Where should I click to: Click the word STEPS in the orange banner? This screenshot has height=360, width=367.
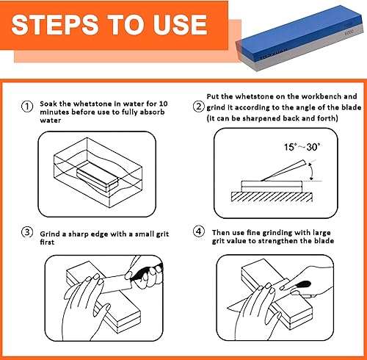coord(55,25)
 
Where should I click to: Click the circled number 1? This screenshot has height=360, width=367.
coord(27,107)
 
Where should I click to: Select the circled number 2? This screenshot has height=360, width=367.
coord(199,107)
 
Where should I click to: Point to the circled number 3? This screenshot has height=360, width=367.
coord(27,232)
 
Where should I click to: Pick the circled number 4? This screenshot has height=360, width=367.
coord(199,231)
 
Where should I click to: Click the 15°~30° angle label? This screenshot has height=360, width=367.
coord(302,147)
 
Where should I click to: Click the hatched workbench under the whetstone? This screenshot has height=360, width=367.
coord(272,197)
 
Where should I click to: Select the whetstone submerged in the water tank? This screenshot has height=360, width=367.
coord(98,176)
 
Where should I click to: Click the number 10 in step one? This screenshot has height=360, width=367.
coord(163,104)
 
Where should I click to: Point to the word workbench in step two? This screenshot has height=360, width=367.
coord(321,96)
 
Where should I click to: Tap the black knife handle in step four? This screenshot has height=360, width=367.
coord(302,284)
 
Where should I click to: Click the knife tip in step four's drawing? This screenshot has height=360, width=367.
coord(228,308)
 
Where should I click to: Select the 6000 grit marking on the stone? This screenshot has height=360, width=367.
coord(349,32)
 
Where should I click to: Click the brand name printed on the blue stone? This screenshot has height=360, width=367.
coord(274,54)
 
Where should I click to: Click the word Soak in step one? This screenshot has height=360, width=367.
coord(48,104)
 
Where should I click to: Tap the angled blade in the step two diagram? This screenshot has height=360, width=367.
coord(283,170)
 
